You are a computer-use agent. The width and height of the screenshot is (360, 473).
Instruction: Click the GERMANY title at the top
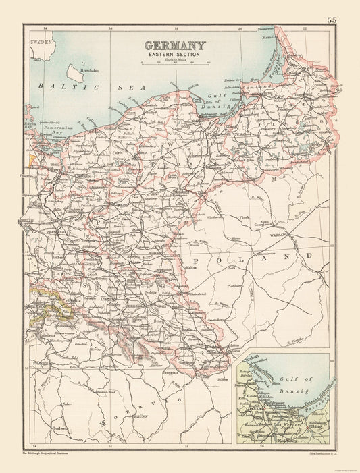(x=174, y=45)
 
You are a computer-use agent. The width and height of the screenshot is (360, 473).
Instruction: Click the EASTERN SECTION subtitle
(x=174, y=55)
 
